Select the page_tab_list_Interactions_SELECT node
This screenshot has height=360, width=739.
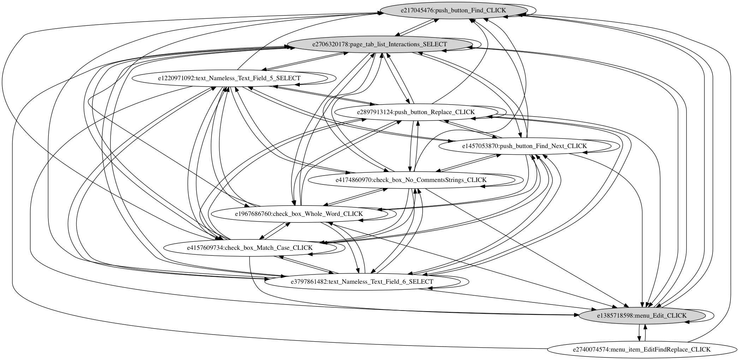pos(380,45)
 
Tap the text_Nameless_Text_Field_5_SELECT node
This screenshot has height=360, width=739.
pos(229,78)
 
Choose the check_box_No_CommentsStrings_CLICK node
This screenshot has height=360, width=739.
pos(411,180)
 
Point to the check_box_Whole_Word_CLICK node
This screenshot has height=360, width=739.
pos(299,214)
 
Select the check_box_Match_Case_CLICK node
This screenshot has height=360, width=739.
pos(249,248)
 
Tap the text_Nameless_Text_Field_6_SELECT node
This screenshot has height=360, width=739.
pos(362,282)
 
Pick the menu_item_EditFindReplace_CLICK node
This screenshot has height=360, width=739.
pos(641,349)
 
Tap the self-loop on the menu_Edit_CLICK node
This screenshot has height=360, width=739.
pos(714,315)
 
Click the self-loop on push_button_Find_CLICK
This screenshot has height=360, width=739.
pos(536,11)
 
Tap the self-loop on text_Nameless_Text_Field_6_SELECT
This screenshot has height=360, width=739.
pos(469,282)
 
